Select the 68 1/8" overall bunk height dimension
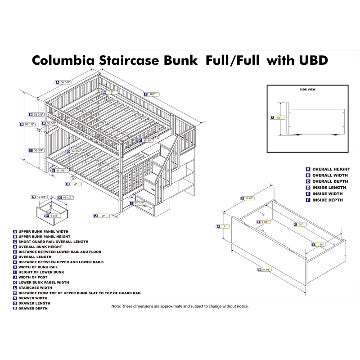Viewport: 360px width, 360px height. point(30,124)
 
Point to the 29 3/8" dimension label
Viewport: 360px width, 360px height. point(38,114)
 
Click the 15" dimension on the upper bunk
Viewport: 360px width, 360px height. point(110,93)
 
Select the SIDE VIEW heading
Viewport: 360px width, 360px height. point(307,90)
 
